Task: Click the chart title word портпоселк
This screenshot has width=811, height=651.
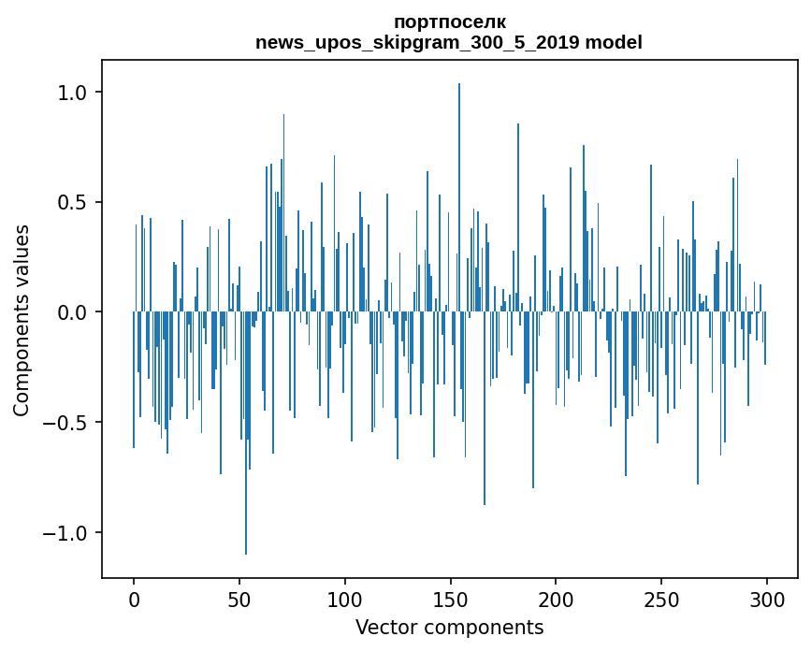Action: tap(450, 22)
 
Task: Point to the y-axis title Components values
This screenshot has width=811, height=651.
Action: tap(22, 320)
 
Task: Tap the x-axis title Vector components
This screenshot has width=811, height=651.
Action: tap(449, 627)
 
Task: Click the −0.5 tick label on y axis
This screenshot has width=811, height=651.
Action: tap(67, 423)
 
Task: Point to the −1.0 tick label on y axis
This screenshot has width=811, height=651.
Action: tap(67, 533)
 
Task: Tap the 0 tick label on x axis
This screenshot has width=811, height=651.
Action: tap(134, 599)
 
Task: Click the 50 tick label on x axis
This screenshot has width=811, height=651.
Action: tap(239, 599)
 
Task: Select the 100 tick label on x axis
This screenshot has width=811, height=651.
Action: tap(345, 599)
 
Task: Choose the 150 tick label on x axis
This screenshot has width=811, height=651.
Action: tap(450, 599)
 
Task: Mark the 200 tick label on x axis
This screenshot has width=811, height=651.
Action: tap(556, 599)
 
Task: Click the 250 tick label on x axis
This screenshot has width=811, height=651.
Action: tap(661, 599)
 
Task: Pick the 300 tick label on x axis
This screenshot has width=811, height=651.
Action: tap(767, 599)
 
